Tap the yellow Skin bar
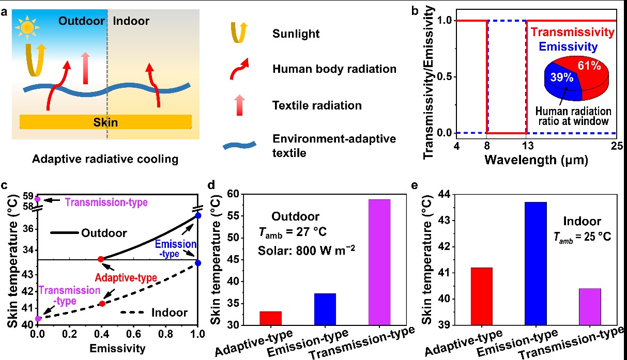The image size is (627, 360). (105, 122)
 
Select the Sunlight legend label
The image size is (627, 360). (296, 34)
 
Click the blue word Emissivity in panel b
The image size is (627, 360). (565, 48)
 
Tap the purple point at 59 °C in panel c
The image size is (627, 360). (37, 199)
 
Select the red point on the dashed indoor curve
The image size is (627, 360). (102, 303)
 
